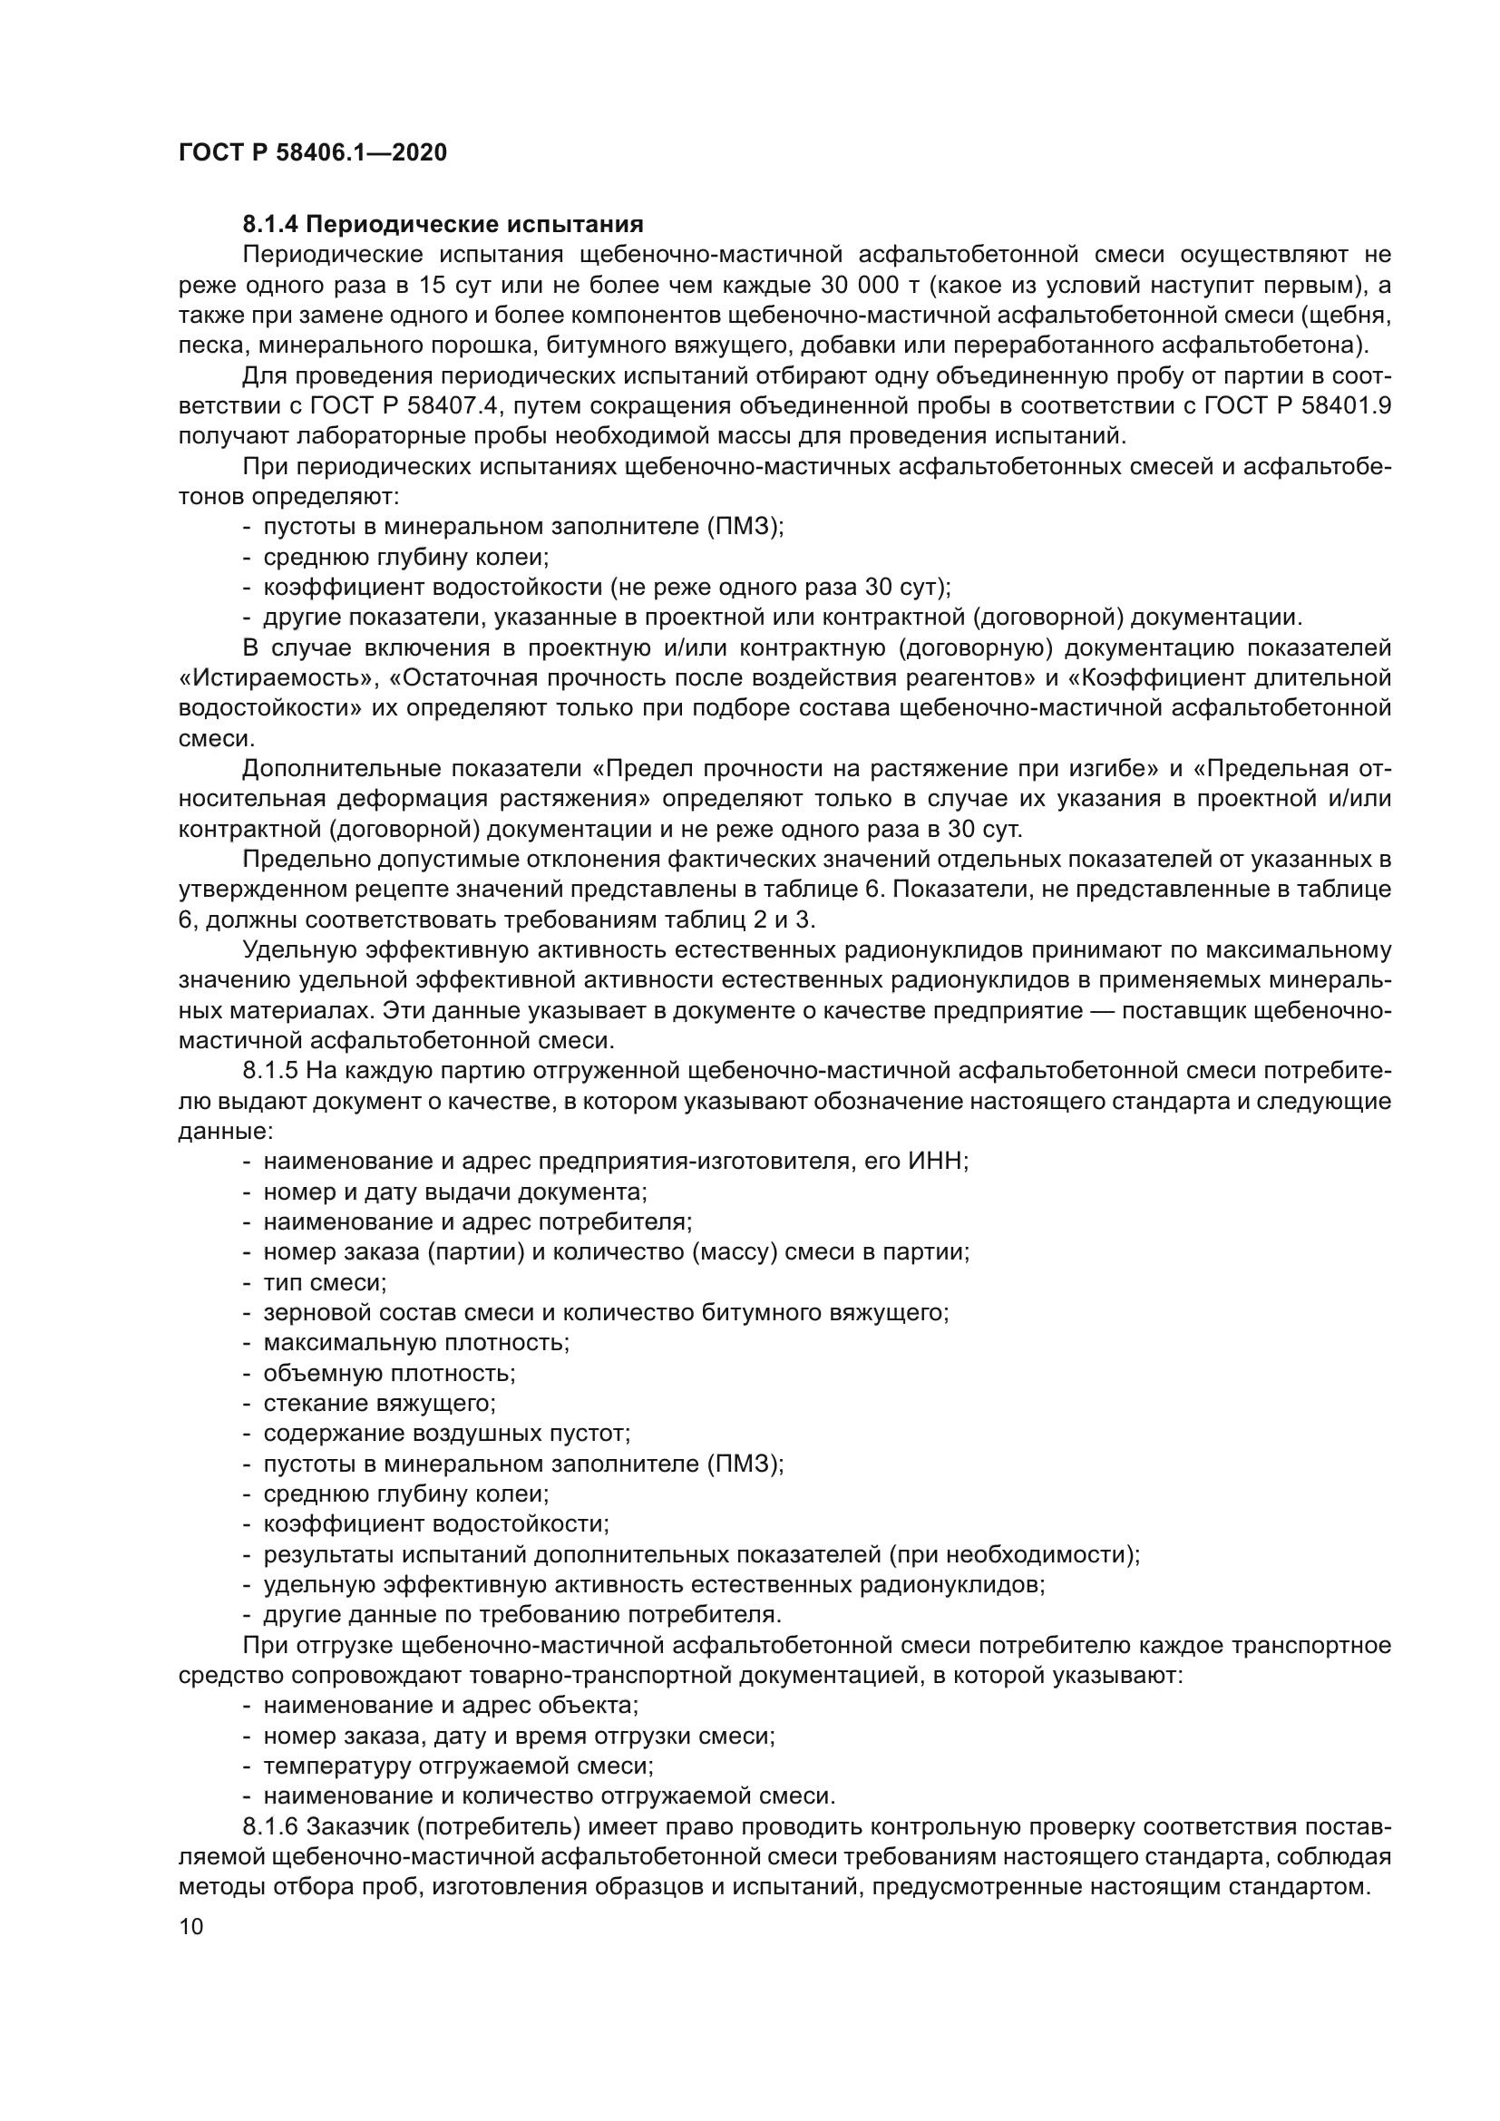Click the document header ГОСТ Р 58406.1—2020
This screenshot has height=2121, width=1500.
tap(312, 152)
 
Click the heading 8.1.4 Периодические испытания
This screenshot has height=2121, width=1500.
tap(443, 225)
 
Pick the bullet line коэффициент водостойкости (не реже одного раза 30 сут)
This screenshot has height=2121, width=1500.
tap(607, 588)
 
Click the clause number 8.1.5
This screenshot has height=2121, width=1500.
tap(270, 1072)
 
